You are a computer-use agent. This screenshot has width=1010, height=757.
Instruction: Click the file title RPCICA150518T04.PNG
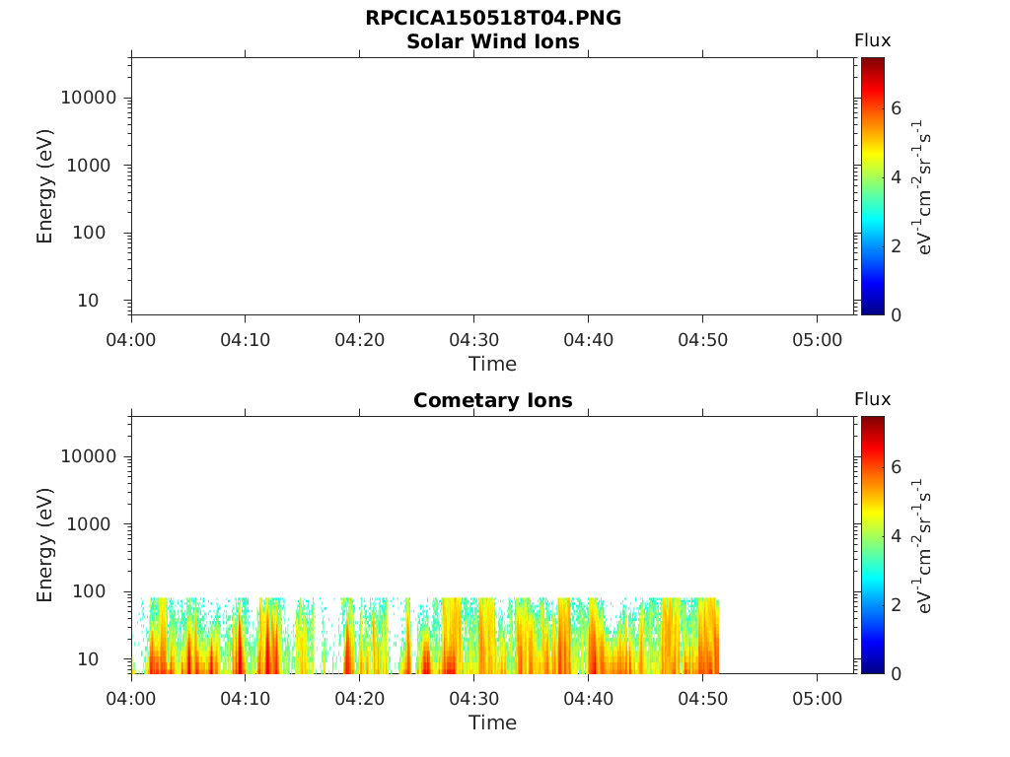coord(492,19)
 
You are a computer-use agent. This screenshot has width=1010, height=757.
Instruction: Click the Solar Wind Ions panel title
coord(492,41)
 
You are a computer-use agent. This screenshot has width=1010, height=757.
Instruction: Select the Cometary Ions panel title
coord(492,400)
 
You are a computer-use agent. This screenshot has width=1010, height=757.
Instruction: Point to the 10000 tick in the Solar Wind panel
coord(89,98)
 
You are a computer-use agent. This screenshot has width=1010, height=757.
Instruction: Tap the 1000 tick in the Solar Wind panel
coord(93,166)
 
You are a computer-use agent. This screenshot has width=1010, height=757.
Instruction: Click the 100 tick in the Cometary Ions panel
coord(98,591)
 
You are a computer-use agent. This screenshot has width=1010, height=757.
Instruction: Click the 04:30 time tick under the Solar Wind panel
coord(474,340)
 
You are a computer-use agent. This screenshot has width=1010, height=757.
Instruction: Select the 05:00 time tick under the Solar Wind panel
coord(817,340)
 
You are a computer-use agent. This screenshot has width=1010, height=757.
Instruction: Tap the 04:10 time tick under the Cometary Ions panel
coord(246,699)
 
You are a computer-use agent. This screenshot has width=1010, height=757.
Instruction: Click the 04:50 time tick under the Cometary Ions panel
coord(702,699)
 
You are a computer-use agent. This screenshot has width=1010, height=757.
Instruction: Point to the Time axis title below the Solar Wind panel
coord(492,364)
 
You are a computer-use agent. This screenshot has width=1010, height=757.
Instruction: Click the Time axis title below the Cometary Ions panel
coord(492,723)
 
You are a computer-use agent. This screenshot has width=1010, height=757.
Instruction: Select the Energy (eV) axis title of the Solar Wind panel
coord(45,185)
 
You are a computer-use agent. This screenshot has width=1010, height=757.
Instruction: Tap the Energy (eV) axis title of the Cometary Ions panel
coord(45,544)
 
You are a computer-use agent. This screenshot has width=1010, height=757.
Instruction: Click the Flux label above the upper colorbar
coord(872,40)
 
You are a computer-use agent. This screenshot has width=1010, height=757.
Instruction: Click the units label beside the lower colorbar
coord(924,545)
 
